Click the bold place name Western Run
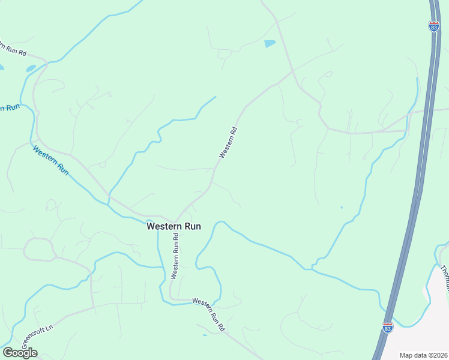point(174,226)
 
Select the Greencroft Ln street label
point(37,335)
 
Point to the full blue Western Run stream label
point(51,160)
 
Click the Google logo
point(20,353)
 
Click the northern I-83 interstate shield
point(433,26)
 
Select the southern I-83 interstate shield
point(388,328)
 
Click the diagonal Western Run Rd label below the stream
point(208,314)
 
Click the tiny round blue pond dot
point(342,208)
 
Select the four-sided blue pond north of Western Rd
point(270,44)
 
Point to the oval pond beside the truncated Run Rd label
point(30,68)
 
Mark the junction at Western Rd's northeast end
point(292,71)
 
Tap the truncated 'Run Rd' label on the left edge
point(13,49)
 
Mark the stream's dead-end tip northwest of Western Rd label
point(215,97)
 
